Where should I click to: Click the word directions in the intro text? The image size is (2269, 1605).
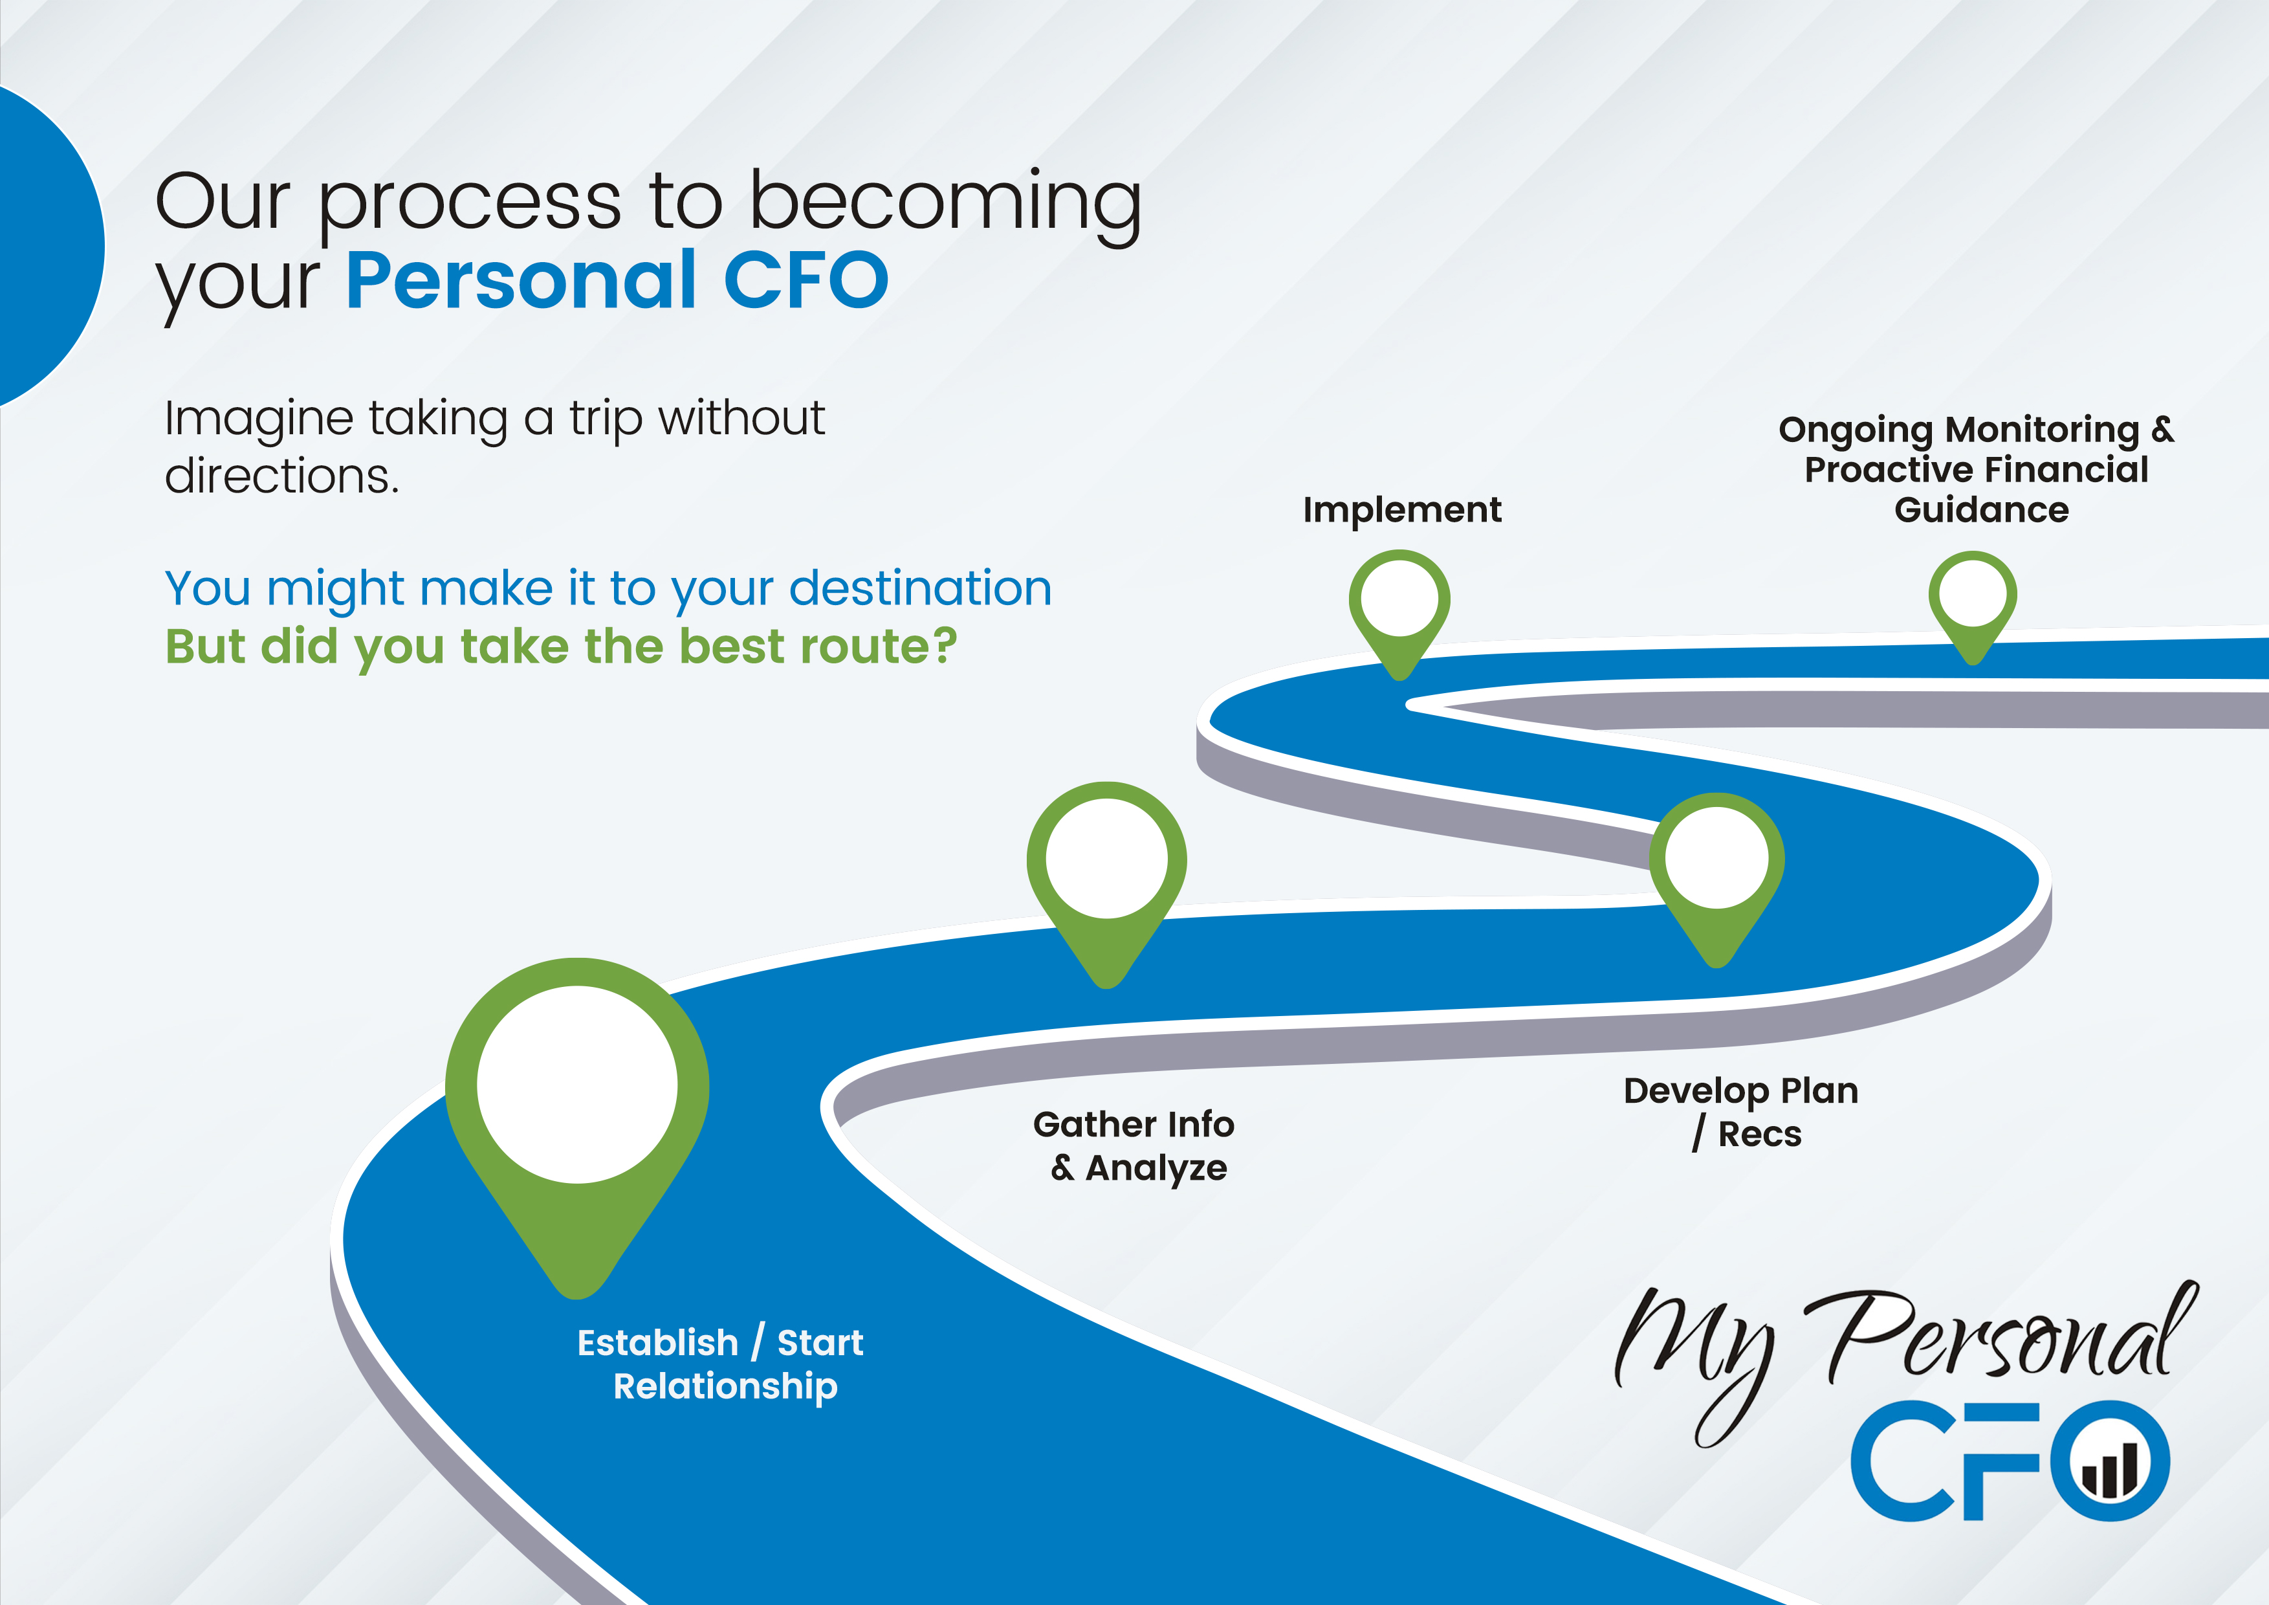(x=281, y=476)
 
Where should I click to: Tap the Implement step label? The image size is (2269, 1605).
(x=1401, y=510)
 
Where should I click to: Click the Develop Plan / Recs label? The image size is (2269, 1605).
(x=1741, y=1112)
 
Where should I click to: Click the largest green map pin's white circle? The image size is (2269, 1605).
(x=577, y=1084)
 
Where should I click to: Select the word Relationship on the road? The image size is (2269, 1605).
(x=725, y=1387)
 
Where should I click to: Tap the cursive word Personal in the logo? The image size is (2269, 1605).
(x=2001, y=1334)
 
